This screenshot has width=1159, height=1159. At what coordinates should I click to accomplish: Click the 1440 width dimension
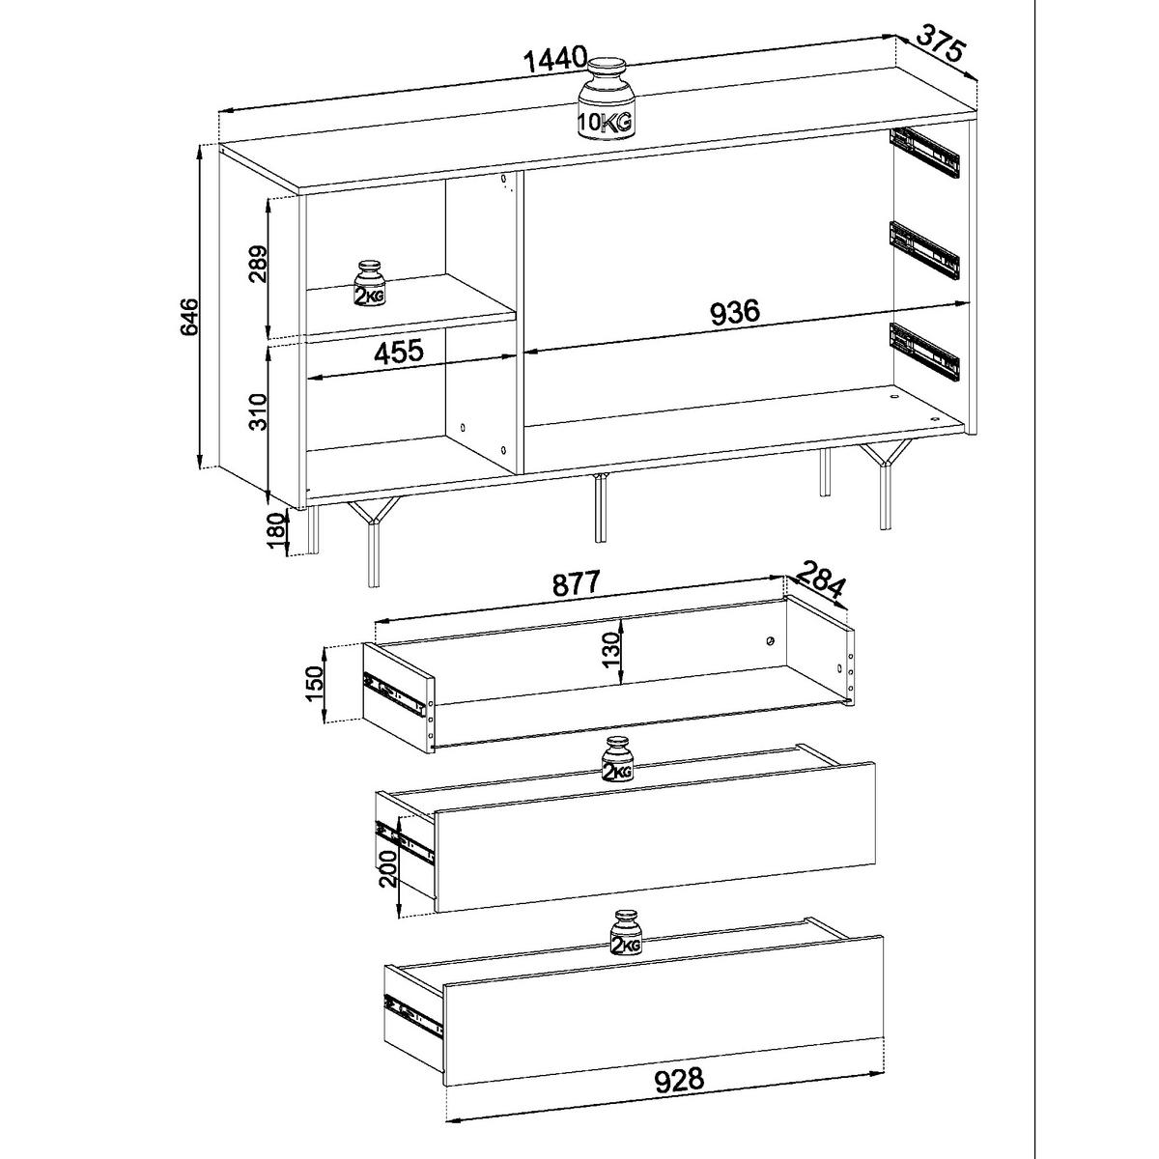click(555, 58)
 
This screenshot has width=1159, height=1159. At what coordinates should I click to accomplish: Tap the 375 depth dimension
click(940, 47)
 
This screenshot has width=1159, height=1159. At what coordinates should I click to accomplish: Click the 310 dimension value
click(257, 411)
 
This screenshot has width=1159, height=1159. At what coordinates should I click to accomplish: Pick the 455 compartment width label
click(399, 352)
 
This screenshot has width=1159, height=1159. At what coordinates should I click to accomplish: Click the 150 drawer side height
click(315, 685)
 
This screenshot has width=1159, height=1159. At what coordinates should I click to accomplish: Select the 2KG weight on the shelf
click(370, 285)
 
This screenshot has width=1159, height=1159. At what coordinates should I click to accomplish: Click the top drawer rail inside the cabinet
click(924, 160)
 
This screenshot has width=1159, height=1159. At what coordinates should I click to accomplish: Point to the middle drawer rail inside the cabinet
click(923, 250)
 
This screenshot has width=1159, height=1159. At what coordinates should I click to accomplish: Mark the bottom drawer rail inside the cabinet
click(924, 353)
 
